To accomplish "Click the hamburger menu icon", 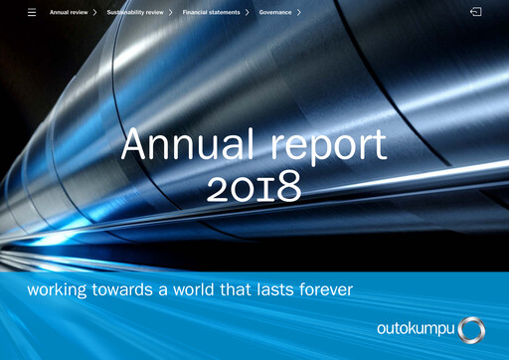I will (32, 13).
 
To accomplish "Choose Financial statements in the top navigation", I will (211, 13).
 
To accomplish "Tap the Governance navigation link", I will (274, 13).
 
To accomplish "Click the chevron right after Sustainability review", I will (170, 13).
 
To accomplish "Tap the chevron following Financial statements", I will (247, 13).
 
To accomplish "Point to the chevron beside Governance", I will (298, 13).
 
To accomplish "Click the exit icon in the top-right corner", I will (476, 13).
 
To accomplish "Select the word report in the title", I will (324, 148).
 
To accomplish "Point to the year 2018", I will (254, 186).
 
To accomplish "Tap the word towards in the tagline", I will (130, 290).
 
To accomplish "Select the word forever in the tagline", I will (329, 290).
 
